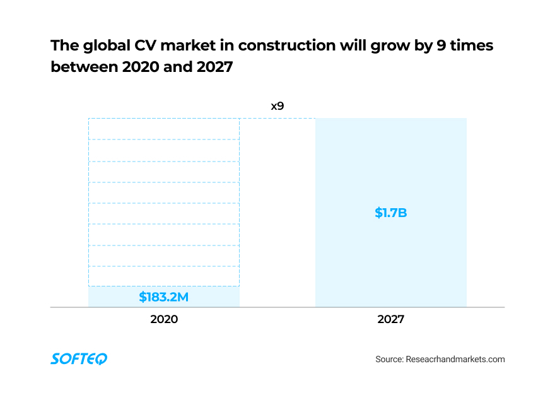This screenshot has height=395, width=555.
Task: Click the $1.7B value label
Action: [x=391, y=213]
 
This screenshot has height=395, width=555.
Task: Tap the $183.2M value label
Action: [x=164, y=297]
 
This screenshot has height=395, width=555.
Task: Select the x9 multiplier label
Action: [x=277, y=106]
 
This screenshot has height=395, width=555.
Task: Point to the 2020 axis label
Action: [x=164, y=319]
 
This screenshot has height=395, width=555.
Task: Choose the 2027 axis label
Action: [x=391, y=319]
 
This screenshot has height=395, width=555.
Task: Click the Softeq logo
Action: [x=79, y=359]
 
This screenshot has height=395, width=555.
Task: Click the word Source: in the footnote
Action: [x=389, y=359]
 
